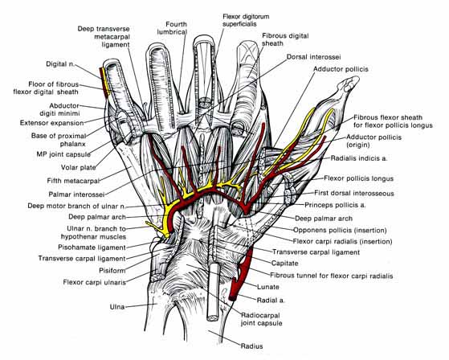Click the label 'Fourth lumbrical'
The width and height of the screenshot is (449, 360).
(172, 28)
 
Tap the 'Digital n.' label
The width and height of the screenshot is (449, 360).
(60, 63)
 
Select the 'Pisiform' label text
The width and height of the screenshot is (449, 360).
(112, 270)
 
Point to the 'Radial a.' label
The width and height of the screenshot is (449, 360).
(271, 301)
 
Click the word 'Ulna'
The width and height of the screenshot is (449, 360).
(117, 307)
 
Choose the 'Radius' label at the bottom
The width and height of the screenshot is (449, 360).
(251, 346)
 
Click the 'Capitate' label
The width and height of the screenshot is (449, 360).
(284, 263)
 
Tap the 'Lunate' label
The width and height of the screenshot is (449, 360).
(268, 287)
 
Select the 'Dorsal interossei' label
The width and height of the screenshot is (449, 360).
(313, 57)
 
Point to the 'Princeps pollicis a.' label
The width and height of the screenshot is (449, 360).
(335, 205)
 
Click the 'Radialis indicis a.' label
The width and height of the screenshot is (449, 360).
(359, 158)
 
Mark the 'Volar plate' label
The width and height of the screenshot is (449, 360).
(78, 167)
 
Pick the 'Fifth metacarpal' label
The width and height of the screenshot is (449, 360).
(73, 181)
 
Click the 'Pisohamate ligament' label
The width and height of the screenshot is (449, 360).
(92, 247)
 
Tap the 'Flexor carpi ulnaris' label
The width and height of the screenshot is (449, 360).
(95, 282)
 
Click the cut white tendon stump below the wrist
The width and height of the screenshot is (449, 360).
(213, 292)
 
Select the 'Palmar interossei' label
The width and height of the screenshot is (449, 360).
(76, 194)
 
